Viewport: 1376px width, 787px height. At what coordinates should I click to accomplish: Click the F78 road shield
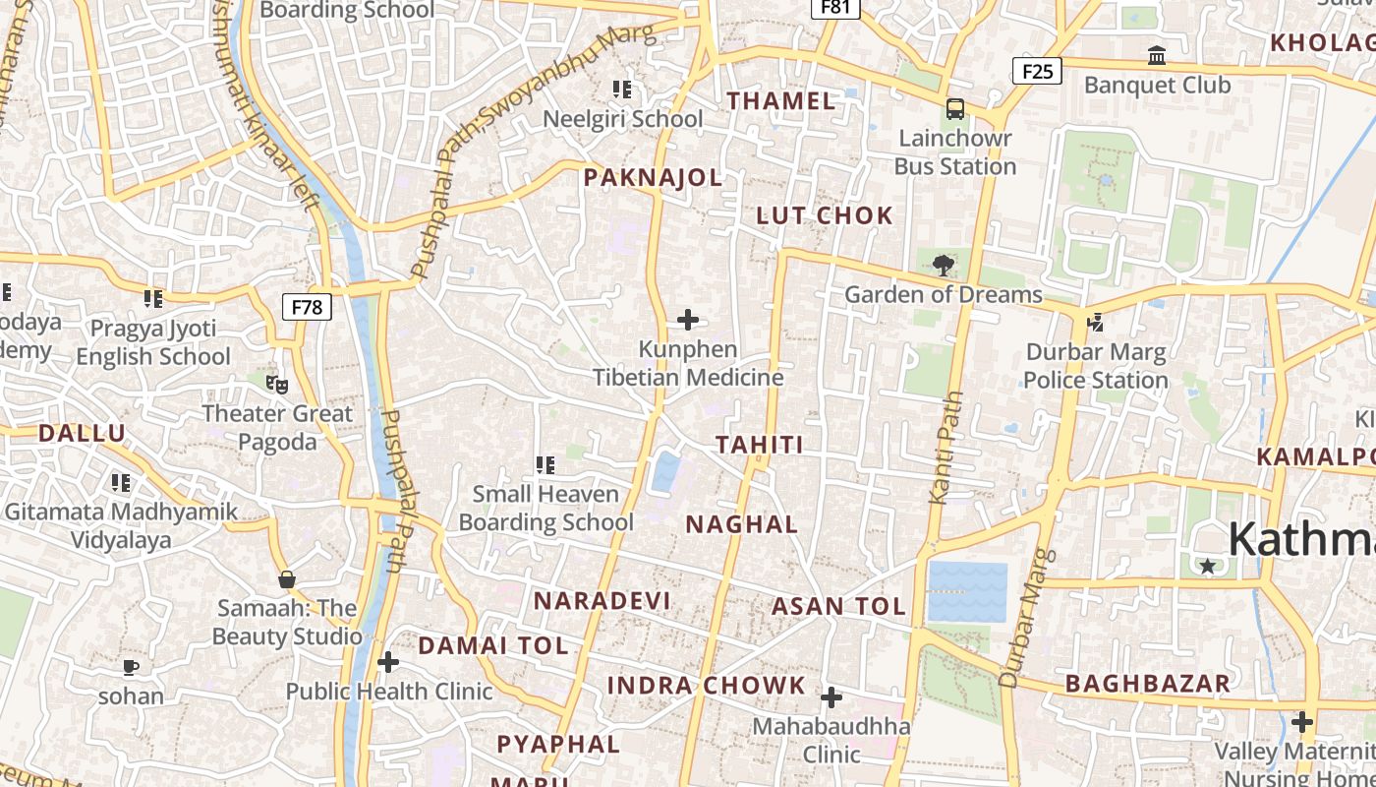[307, 307]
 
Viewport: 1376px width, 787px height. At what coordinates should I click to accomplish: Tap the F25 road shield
[1037, 71]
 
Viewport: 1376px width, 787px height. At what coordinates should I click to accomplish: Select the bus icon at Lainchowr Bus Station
[954, 109]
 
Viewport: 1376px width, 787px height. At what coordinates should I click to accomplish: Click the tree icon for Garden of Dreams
[944, 264]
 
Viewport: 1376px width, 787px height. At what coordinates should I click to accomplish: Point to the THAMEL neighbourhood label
[781, 100]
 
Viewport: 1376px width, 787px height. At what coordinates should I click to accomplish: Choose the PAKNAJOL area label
[653, 178]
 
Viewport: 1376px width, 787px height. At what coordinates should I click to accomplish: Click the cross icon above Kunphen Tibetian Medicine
[688, 320]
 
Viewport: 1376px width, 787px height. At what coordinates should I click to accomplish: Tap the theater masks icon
[277, 384]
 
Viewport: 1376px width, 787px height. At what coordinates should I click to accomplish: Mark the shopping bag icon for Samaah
[287, 579]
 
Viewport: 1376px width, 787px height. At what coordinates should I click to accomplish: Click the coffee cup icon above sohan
[131, 667]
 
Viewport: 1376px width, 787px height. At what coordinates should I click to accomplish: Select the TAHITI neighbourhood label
[760, 445]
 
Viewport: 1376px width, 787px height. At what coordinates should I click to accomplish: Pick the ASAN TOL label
[838, 607]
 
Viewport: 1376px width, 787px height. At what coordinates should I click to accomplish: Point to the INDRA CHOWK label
[706, 686]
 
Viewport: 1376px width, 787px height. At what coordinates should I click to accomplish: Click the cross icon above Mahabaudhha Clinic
[831, 697]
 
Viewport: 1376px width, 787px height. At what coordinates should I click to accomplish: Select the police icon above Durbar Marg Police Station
[1095, 322]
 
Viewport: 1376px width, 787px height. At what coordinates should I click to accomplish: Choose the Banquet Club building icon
[1157, 56]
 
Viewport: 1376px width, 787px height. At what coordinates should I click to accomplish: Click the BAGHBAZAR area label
[1147, 684]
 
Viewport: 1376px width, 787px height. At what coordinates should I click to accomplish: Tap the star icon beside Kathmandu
[1208, 566]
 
